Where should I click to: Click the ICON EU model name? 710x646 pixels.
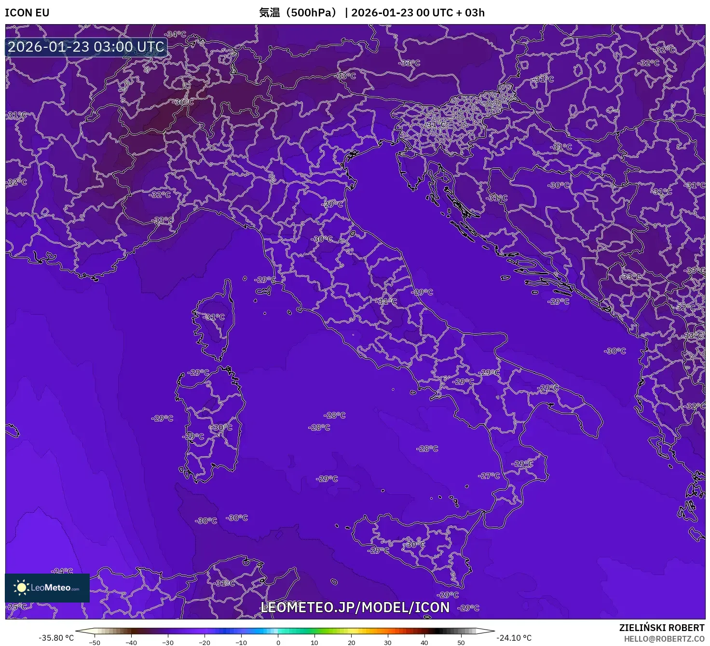[27, 13]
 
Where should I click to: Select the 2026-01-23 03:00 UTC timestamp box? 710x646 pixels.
[86, 47]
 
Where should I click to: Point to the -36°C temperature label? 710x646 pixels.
[183, 102]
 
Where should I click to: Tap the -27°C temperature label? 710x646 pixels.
[490, 476]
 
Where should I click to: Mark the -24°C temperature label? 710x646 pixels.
[63, 571]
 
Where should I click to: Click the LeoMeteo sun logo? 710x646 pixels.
[21, 587]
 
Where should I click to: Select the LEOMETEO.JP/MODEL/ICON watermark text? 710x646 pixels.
[355, 607]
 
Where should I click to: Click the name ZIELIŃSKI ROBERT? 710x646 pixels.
[662, 628]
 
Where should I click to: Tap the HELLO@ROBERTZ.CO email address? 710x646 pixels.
[664, 639]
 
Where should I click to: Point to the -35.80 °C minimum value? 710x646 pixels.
[56, 638]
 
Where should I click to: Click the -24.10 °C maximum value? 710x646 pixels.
[514, 638]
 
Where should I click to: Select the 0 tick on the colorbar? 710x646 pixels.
[278, 643]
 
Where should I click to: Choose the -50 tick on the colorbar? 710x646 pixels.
[95, 643]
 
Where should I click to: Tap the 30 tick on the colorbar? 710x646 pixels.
[388, 643]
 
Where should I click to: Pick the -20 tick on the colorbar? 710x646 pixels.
[205, 643]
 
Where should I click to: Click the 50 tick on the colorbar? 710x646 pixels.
[461, 643]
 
